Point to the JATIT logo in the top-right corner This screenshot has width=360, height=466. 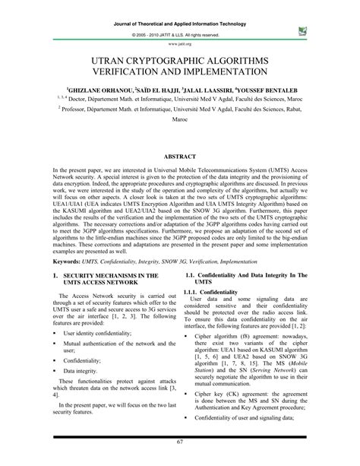coord(305,31)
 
